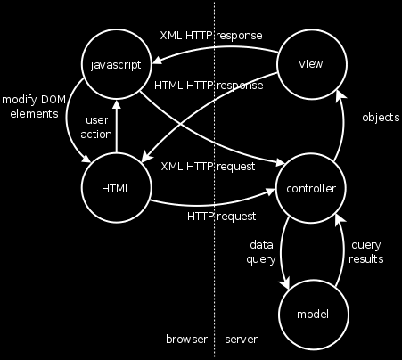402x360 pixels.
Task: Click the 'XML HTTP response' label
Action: point(211,36)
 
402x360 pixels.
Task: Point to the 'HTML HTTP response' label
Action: point(209,86)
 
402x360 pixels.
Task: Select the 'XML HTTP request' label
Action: point(208,167)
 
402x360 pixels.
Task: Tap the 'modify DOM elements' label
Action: point(34,106)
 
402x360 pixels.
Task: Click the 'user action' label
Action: point(96,127)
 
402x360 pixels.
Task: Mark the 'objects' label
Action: point(381,118)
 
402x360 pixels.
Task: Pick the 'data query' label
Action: point(261,252)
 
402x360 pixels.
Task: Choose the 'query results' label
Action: point(366,252)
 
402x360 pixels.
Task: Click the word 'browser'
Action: point(186,340)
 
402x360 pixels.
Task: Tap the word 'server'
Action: point(241,340)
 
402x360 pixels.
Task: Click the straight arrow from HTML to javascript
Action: point(117,127)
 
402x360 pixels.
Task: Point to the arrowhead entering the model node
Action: point(286,282)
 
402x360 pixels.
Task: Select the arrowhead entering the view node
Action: point(341,96)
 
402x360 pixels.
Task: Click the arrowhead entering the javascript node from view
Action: point(157,61)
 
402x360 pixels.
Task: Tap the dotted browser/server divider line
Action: point(214,180)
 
